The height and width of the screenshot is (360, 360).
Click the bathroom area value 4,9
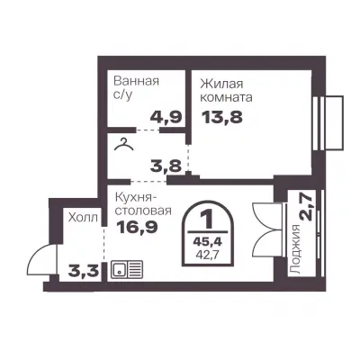[x=166, y=117]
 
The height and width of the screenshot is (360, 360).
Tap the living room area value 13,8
[x=222, y=117]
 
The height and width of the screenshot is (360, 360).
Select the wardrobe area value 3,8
[x=166, y=165]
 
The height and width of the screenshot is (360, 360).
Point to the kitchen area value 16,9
[x=137, y=227]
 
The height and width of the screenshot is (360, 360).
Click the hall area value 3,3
[x=84, y=272]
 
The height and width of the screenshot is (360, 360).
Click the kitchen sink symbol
[x=127, y=269]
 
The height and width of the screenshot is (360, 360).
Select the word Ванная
[x=137, y=81]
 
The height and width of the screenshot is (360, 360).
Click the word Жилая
[x=221, y=84]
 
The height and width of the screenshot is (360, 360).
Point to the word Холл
[x=83, y=217]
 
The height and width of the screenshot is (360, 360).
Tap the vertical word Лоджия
[x=296, y=249]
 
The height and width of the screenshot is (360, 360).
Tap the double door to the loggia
[x=268, y=230]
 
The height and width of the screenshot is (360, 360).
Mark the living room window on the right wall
[x=328, y=122]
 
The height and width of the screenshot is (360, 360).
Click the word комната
[x=227, y=98]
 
